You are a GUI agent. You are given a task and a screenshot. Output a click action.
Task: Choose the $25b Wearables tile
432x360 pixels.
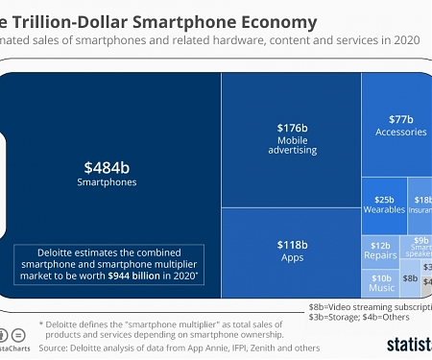pos(383,204)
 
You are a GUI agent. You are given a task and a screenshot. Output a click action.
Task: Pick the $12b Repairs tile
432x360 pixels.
pos(381,252)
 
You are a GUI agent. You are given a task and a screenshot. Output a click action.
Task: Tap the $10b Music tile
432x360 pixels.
pos(381,282)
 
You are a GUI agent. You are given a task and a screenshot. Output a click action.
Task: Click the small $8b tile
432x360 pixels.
pos(410,278)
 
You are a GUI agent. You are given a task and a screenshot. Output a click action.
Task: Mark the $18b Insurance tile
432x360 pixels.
pos(422,204)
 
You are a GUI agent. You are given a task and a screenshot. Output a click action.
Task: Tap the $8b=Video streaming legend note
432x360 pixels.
pos(370,307)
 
